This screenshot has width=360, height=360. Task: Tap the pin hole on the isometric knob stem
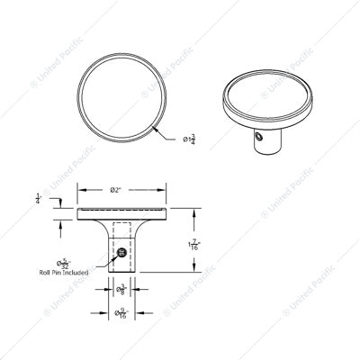click(x=258, y=139)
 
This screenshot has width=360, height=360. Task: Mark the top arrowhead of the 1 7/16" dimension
click(x=196, y=211)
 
